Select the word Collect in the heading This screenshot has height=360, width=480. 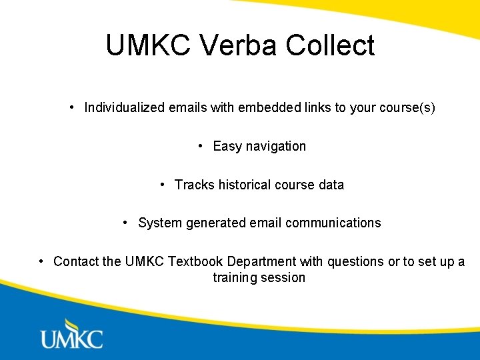(x=330, y=45)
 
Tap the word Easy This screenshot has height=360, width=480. (x=227, y=146)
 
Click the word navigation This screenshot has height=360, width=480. (x=275, y=146)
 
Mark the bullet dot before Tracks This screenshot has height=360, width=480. (x=163, y=184)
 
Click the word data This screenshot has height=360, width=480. (x=331, y=185)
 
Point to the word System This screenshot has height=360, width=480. (x=157, y=223)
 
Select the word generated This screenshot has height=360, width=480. (x=212, y=223)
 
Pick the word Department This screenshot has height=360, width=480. (x=261, y=261)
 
